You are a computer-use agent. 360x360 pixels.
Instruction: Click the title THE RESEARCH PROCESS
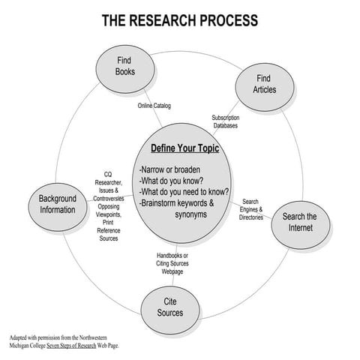pos(180,19)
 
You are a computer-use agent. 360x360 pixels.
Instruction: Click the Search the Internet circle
pos(299,223)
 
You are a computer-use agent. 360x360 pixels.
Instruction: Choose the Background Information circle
pos(58,204)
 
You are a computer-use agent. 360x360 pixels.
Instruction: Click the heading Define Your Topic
pos(184,148)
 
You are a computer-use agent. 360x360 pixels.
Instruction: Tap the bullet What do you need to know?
pos(184,191)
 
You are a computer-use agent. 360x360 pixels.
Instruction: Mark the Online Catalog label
pos(154,106)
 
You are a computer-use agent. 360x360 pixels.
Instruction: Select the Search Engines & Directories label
pos(250,210)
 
